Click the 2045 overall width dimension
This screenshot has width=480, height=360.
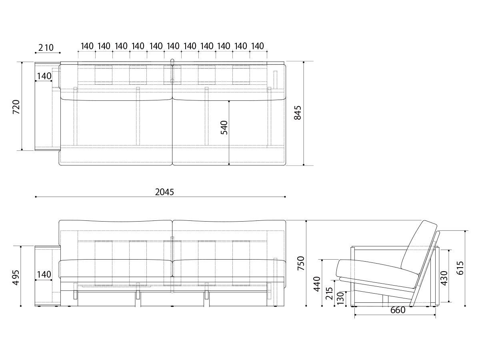coord(164,192)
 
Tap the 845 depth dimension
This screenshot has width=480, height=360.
coord(298,113)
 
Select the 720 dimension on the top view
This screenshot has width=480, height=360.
coord(16,107)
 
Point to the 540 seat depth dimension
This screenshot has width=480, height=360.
coord(224,128)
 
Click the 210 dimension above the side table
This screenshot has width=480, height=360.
coord(46,48)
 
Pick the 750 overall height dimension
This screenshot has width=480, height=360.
coord(301,263)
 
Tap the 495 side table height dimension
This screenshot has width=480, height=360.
coord(16,278)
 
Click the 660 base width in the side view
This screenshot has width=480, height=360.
coord(398,310)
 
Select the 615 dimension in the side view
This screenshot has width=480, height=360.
coord(460,268)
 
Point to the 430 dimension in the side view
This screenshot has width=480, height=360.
coord(444,278)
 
